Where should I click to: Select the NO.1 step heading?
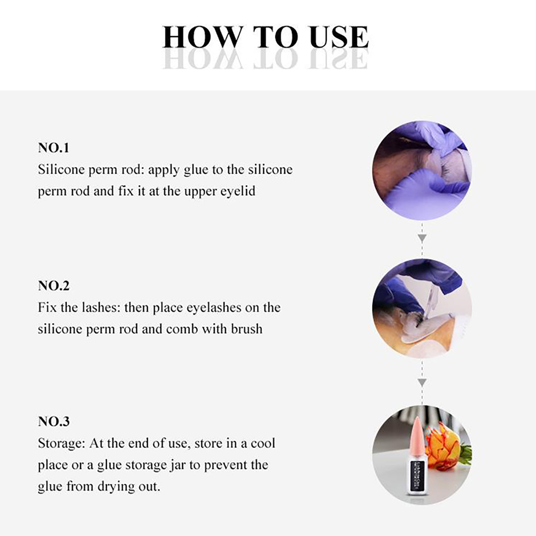(x=54, y=148)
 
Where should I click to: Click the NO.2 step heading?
(x=54, y=286)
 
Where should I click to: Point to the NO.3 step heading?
(x=54, y=421)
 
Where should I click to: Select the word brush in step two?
(x=247, y=329)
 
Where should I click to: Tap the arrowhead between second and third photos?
(x=422, y=382)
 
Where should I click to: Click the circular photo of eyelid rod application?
(x=422, y=170)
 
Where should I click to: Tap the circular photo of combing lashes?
(x=422, y=308)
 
